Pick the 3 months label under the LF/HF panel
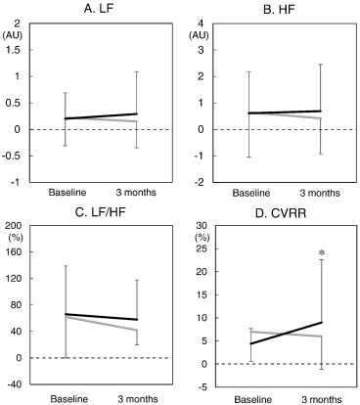[x=135, y=397]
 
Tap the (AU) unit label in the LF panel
[x=17, y=34]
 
